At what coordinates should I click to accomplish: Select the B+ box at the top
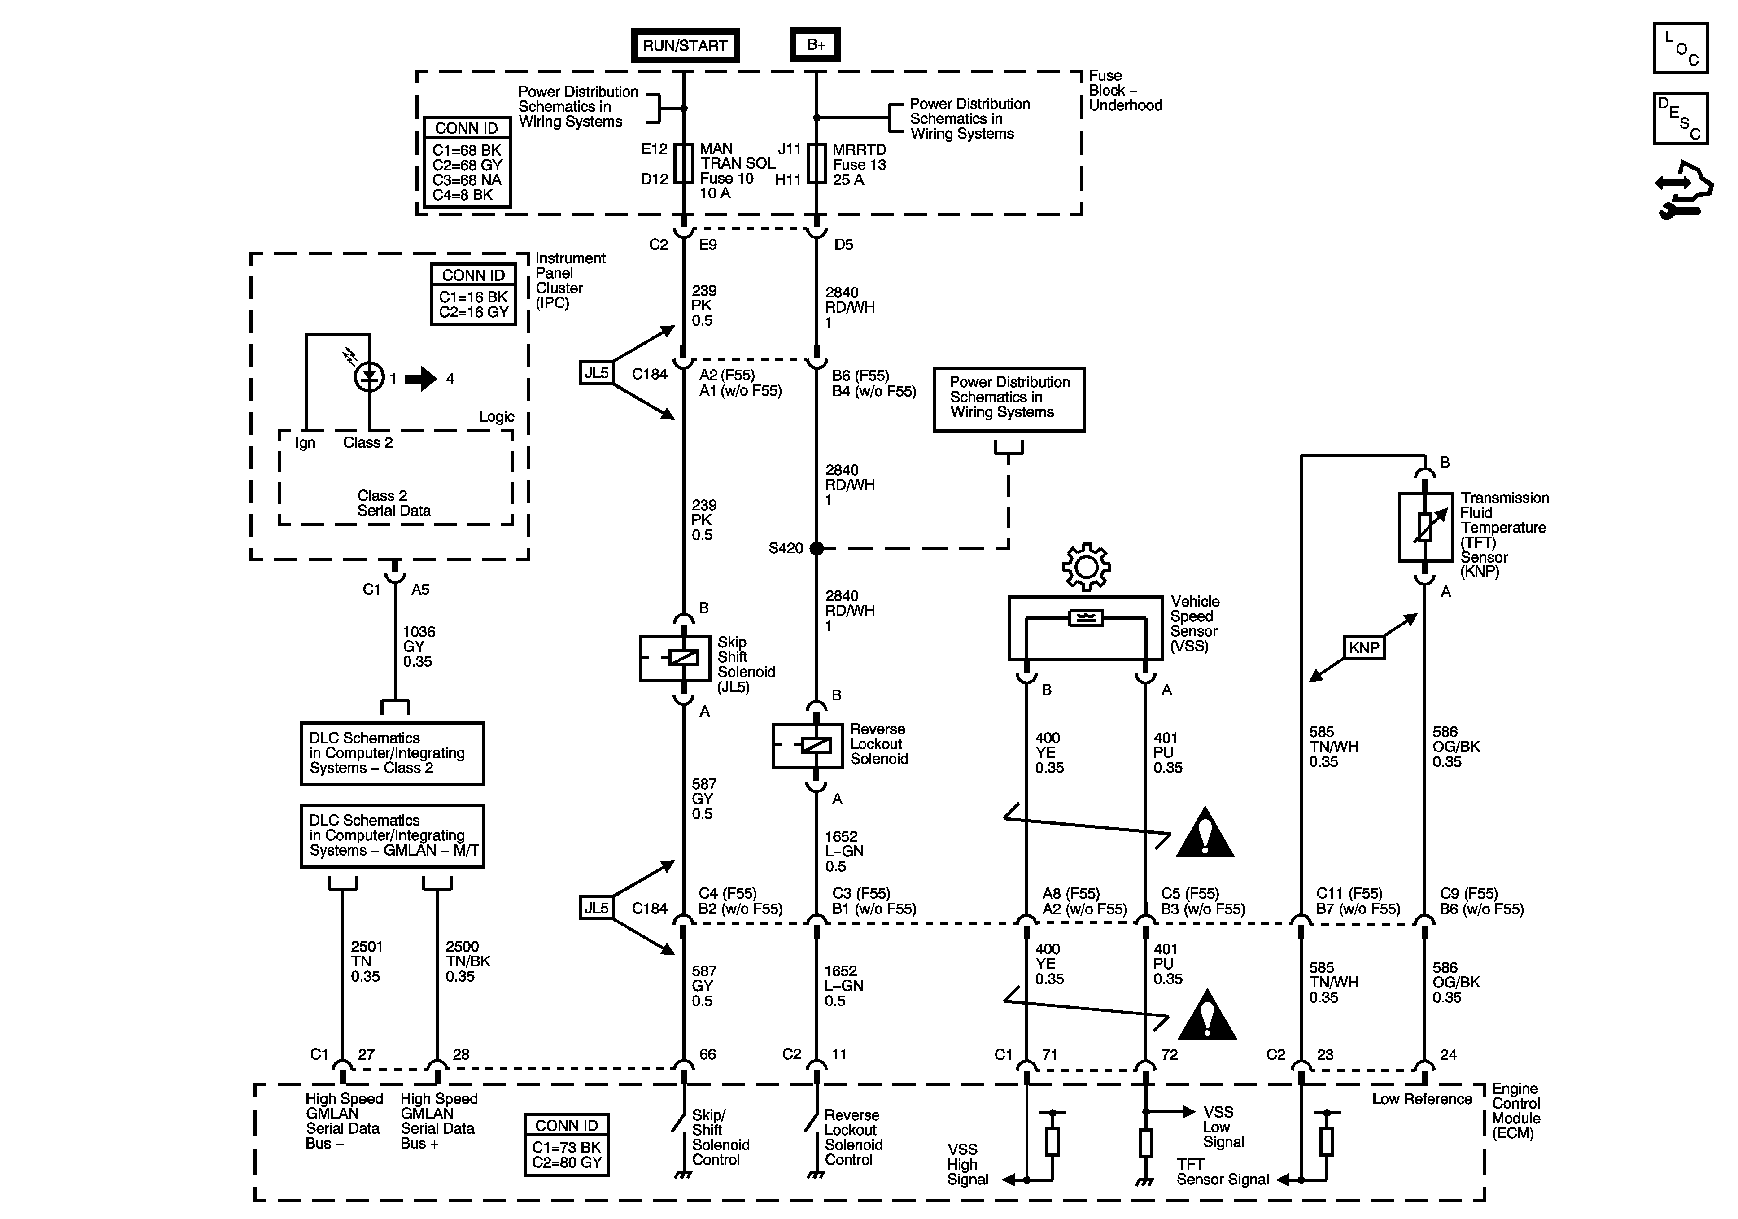click(815, 45)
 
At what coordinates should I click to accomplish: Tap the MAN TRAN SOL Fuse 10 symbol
click(684, 164)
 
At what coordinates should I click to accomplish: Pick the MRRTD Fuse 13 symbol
click(816, 164)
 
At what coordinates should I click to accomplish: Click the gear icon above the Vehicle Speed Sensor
click(1086, 566)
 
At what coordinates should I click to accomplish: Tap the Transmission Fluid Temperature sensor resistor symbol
click(1424, 527)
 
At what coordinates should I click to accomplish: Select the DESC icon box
click(1681, 118)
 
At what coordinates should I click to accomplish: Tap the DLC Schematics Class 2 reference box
click(392, 753)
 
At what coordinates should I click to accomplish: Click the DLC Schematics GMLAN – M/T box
click(392, 836)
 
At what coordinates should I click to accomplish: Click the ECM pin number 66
click(707, 1054)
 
